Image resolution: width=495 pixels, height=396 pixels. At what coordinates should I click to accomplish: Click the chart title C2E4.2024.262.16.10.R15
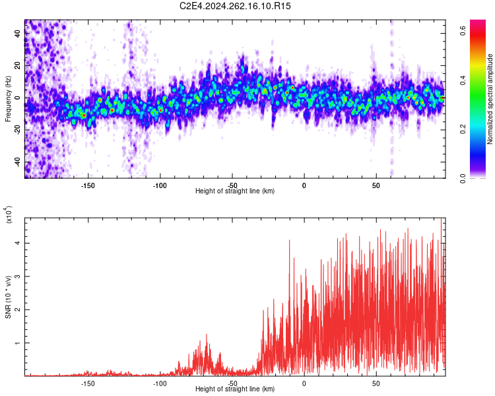pos(235,6)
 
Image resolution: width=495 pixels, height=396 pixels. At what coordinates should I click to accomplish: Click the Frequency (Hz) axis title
pos(8,99)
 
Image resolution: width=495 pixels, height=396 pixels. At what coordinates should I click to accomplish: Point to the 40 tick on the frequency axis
pos(17,33)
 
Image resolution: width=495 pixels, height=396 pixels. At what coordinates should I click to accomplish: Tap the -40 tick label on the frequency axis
pos(17,162)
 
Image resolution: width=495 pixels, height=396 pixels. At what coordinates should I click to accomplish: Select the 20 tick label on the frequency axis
pos(17,65)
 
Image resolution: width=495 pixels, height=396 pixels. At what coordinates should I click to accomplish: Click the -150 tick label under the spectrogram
pos(87,185)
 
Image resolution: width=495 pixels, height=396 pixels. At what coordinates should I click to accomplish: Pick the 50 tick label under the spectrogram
pos(376,185)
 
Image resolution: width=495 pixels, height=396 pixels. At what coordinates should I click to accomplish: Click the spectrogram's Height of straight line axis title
pos(235,191)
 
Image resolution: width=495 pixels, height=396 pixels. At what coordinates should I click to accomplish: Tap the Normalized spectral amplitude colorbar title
pos(490,99)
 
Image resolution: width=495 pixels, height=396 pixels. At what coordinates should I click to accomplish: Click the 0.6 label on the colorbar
pos(463,30)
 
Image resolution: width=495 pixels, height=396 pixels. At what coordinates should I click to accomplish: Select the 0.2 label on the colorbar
pos(463,129)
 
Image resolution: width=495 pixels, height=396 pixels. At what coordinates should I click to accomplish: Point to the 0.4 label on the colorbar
pos(463,80)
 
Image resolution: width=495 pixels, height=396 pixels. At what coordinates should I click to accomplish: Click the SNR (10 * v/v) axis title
pos(8,297)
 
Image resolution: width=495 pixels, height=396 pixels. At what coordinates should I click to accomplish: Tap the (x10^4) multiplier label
pos(9,214)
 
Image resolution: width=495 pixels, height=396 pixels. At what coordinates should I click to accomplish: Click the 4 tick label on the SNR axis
pos(17,243)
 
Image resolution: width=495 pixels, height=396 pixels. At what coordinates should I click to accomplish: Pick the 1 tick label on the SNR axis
pos(17,343)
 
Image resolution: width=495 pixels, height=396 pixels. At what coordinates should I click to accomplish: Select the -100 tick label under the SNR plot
pos(160,383)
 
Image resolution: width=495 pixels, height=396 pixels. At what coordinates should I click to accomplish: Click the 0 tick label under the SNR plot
pos(304,383)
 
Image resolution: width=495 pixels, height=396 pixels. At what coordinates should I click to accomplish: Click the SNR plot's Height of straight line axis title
pos(235,389)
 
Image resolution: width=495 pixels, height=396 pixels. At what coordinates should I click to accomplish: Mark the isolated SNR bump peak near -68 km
pos(207,335)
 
